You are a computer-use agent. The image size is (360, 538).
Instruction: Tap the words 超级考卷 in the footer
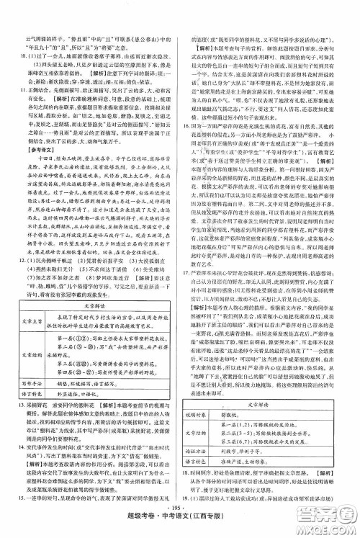(147, 530)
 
